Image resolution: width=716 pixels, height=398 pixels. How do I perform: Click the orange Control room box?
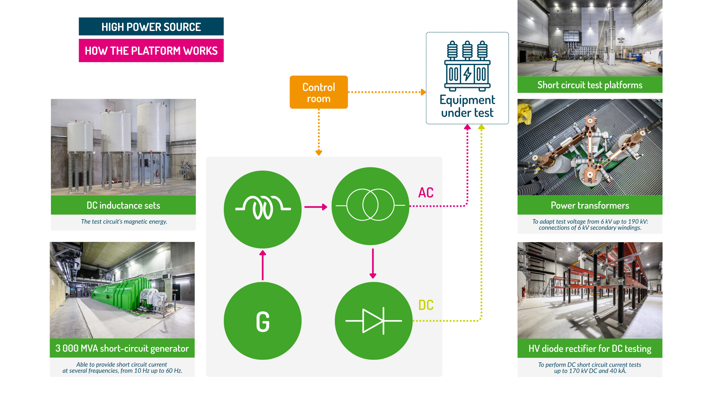[x=318, y=92]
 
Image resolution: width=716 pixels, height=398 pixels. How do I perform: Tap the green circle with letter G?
[x=262, y=321]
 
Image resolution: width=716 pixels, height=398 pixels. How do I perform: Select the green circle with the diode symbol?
[x=373, y=321]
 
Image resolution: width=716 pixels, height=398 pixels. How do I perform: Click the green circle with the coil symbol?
[x=262, y=209]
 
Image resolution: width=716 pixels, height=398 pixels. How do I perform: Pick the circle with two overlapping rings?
[x=370, y=206]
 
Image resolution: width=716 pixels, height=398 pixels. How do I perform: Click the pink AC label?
[x=425, y=193]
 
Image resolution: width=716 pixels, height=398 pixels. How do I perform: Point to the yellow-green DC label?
[x=425, y=305]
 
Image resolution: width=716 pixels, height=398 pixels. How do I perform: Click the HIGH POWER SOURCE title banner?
[x=151, y=27]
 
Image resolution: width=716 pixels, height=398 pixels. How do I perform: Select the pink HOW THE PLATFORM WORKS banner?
[x=151, y=51]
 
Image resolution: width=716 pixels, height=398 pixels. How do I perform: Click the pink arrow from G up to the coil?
[x=262, y=265]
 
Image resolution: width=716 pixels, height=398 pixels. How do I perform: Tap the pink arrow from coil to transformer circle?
[x=315, y=207]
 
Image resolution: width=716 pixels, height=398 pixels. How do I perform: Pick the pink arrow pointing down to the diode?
[x=373, y=263]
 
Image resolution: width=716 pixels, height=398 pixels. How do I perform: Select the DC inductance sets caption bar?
[x=123, y=205]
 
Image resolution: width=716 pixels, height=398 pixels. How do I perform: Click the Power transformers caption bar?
[x=589, y=205]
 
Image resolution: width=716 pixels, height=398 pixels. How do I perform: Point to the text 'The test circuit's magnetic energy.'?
[x=124, y=221]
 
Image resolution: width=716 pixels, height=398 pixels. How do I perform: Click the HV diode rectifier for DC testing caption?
[x=589, y=348]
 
